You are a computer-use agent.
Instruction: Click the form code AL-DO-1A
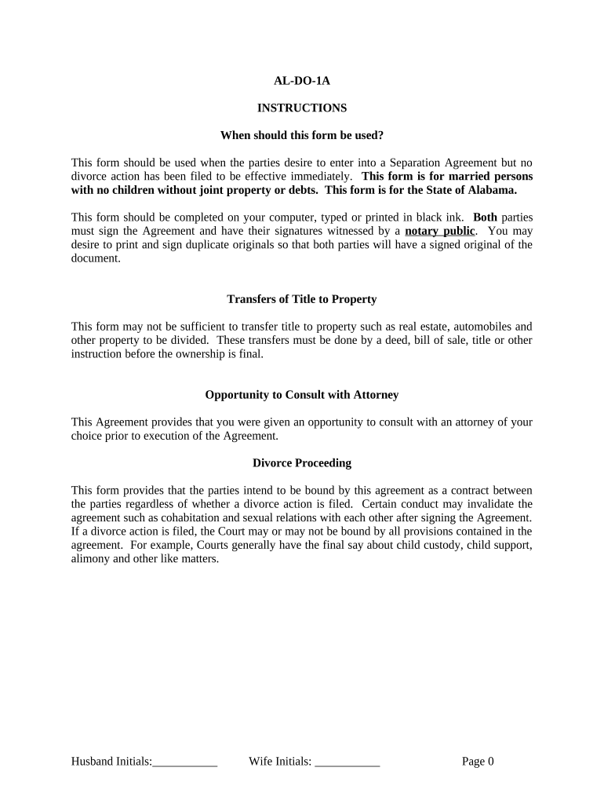(302, 80)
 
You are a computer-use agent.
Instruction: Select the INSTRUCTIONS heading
(302, 108)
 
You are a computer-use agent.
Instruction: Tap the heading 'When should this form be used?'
(302, 135)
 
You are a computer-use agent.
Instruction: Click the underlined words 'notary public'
(439, 231)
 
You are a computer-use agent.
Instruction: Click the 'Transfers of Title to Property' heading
(302, 299)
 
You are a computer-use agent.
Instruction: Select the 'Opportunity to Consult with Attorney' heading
(302, 395)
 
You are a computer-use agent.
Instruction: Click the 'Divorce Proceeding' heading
(302, 463)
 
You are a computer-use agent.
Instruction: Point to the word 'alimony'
(89, 559)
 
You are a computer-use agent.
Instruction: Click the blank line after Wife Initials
(347, 762)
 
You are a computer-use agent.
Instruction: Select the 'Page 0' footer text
(478, 761)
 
